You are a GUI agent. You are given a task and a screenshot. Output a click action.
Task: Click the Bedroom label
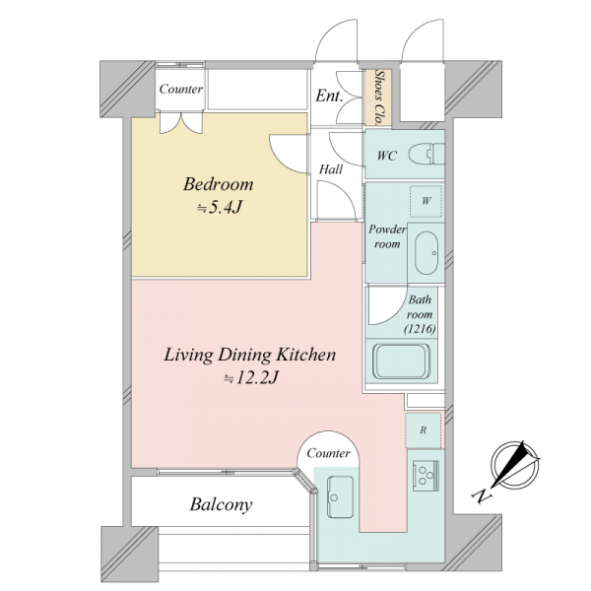[x=219, y=184]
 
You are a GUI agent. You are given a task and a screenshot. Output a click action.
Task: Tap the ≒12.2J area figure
[x=251, y=378]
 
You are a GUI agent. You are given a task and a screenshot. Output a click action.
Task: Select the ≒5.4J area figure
[x=219, y=207]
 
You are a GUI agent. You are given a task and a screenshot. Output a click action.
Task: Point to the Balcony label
[x=221, y=504]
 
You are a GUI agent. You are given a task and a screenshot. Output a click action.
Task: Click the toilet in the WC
[x=427, y=155]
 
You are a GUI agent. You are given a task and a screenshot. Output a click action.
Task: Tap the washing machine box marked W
[x=426, y=201]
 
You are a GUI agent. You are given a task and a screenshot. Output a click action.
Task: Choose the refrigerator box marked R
[x=424, y=430]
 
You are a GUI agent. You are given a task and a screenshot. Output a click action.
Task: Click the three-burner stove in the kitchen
[x=426, y=476]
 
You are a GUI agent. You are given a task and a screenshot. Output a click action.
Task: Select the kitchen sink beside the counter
[x=340, y=496]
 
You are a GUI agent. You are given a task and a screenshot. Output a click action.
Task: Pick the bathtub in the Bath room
[x=402, y=361]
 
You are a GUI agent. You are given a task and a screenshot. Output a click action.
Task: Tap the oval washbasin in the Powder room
[x=427, y=253]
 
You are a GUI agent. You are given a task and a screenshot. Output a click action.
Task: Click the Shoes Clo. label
[x=379, y=98]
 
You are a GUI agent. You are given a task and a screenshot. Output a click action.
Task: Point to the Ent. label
[x=329, y=96]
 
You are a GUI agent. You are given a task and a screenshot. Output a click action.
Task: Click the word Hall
[x=331, y=169]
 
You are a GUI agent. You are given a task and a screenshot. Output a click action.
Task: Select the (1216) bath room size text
[x=420, y=329]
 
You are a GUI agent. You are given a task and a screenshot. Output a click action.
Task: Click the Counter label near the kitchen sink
[x=328, y=453]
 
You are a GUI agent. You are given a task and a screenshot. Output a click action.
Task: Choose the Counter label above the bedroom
[x=180, y=89]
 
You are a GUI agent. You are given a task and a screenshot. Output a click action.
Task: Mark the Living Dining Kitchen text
[x=249, y=355]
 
